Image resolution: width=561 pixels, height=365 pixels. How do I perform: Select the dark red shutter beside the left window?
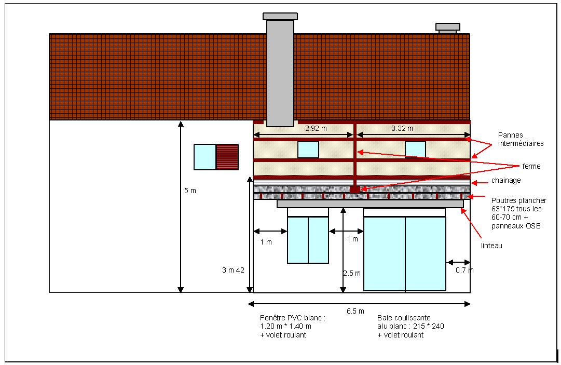[227, 157]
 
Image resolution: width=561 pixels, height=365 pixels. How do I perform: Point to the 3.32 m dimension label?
[402, 128]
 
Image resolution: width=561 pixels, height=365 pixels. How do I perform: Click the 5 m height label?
[190, 191]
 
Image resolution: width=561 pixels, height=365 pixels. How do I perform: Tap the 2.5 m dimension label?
[351, 273]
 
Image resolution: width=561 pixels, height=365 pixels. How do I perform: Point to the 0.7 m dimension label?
[464, 270]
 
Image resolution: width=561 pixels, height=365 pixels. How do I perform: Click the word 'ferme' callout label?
[532, 166]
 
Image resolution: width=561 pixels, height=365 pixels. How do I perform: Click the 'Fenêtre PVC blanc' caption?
[293, 326]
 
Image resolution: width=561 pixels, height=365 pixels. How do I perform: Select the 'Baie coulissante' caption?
[411, 326]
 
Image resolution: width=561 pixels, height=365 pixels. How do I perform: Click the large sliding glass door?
[405, 253]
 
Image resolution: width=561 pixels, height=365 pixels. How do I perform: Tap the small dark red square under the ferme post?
[354, 190]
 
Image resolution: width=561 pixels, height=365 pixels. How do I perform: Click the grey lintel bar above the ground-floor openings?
[370, 204]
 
